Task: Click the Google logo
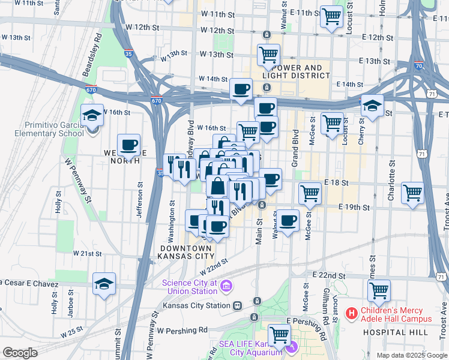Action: [x=20, y=352]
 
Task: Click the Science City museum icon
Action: [x=226, y=285]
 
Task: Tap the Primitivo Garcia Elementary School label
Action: [x=54, y=129]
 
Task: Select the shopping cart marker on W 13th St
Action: [x=268, y=55]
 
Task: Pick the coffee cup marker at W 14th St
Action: [x=241, y=89]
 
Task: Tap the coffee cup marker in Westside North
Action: [x=128, y=145]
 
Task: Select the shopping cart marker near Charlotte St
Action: [x=413, y=193]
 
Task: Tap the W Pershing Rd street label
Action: [x=182, y=330]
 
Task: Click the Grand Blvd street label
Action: [x=295, y=146]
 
